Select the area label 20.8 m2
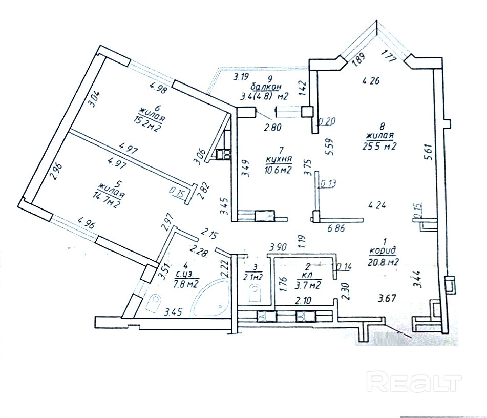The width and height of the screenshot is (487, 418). click(384, 262)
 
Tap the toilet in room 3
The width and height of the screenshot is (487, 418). click(255, 294)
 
